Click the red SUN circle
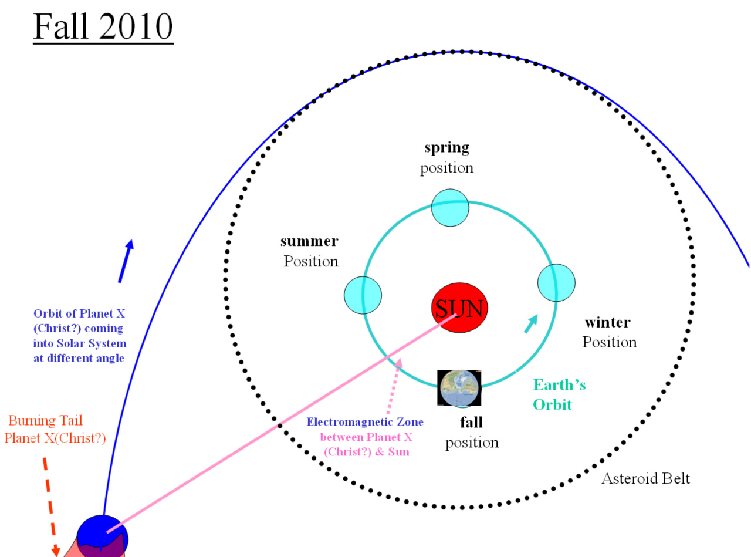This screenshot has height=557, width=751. pyautogui.click(x=459, y=308)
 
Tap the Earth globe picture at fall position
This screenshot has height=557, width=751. pyautogui.click(x=459, y=388)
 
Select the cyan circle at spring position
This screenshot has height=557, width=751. pyautogui.click(x=450, y=208)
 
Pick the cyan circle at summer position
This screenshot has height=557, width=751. pyautogui.click(x=363, y=295)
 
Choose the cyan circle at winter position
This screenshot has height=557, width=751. pyautogui.click(x=556, y=282)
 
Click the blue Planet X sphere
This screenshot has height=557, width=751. pyautogui.click(x=102, y=536)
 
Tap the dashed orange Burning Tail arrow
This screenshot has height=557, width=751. pyautogui.click(x=51, y=507)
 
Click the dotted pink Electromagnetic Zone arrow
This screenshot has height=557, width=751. pyautogui.click(x=394, y=386)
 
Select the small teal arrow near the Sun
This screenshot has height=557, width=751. pyautogui.click(x=531, y=324)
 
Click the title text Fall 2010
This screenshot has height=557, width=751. pyautogui.click(x=103, y=26)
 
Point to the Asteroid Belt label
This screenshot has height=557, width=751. pyautogui.click(x=645, y=478)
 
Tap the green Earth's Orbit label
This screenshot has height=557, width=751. pyautogui.click(x=559, y=394)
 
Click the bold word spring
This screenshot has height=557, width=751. pyautogui.click(x=446, y=148)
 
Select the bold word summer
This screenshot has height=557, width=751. pyautogui.click(x=309, y=241)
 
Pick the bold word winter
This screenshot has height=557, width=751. pyautogui.click(x=607, y=322)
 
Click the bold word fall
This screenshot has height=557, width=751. pyautogui.click(x=471, y=422)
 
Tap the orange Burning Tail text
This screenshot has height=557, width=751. pyautogui.click(x=45, y=420)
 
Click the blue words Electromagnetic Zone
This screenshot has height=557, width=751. pyautogui.click(x=365, y=422)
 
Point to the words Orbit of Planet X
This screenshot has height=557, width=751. pyautogui.click(x=79, y=313)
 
